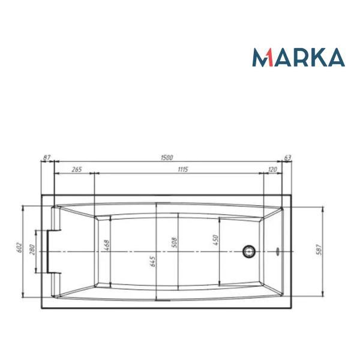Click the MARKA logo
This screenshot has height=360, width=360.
(298, 57)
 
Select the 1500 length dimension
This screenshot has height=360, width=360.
(167, 158)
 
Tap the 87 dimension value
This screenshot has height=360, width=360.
(47, 157)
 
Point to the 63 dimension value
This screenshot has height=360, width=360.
(287, 158)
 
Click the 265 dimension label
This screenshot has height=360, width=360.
(77, 169)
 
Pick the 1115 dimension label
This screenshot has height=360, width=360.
(183, 169)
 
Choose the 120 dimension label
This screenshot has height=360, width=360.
(272, 169)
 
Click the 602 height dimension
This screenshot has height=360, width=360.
(20, 247)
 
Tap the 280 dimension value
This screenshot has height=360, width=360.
(32, 250)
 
